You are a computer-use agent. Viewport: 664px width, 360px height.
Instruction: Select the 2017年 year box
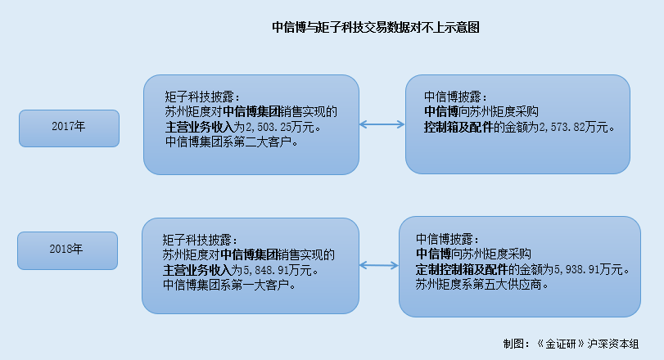[70, 128]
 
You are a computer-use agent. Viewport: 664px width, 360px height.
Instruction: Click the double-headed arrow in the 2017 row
[382, 125]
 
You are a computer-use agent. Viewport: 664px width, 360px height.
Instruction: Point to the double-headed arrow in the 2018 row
[378, 265]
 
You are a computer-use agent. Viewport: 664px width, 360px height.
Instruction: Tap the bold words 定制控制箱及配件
[463, 270]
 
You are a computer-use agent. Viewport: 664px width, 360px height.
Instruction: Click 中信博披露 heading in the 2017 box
[455, 97]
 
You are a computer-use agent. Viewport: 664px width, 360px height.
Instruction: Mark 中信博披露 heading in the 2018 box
[448, 240]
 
